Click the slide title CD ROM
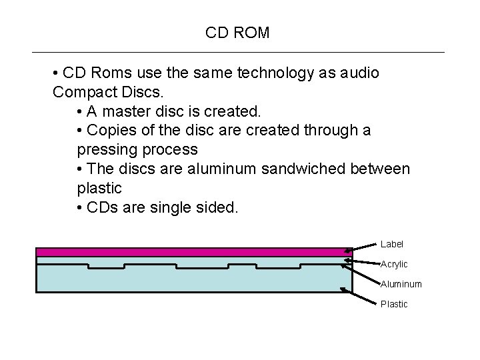click(237, 33)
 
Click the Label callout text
click(392, 244)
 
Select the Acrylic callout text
click(394, 265)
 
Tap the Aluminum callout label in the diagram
click(401, 284)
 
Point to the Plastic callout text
click(394, 304)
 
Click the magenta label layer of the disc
click(193, 252)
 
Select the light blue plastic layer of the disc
click(193, 280)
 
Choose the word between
click(380, 169)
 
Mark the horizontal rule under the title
click(238, 52)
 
